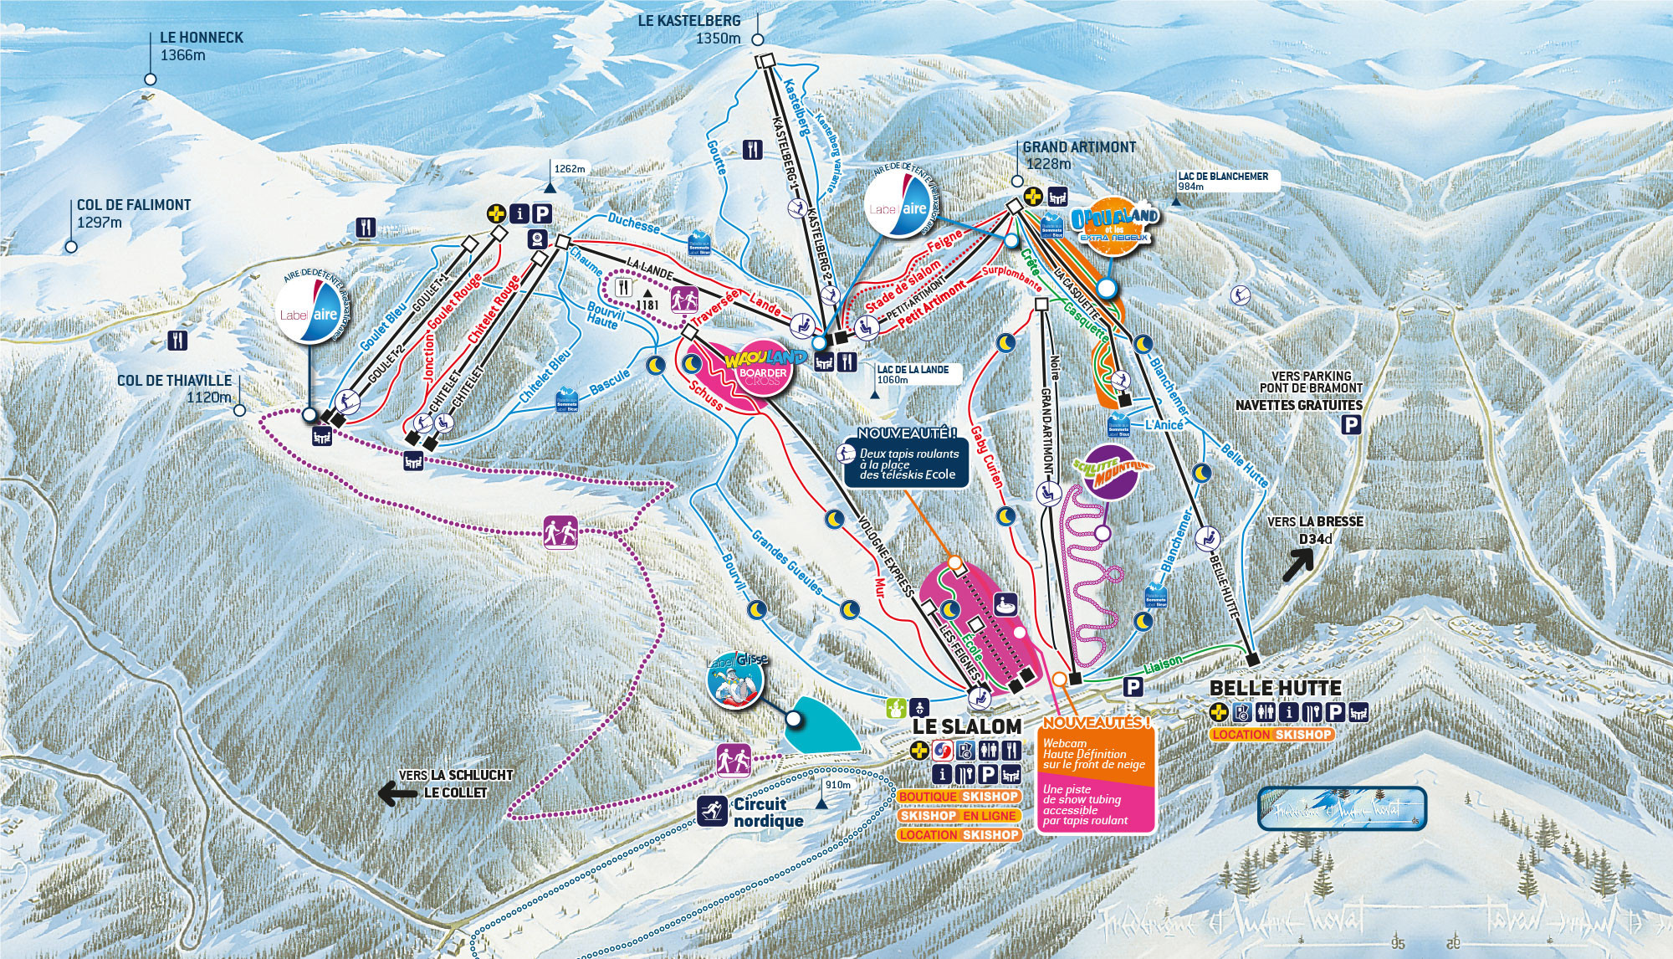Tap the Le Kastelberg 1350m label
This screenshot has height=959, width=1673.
tap(690, 29)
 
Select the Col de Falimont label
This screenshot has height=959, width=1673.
tap(134, 213)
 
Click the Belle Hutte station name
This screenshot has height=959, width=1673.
tap(1276, 688)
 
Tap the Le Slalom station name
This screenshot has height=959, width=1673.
tap(966, 726)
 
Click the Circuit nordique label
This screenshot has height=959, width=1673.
tap(768, 812)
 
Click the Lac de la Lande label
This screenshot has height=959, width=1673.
tap(913, 374)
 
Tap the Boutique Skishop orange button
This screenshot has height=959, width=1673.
tap(959, 797)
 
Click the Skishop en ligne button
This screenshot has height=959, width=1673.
tap(959, 815)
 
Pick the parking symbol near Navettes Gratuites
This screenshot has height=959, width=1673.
tap(1350, 426)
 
